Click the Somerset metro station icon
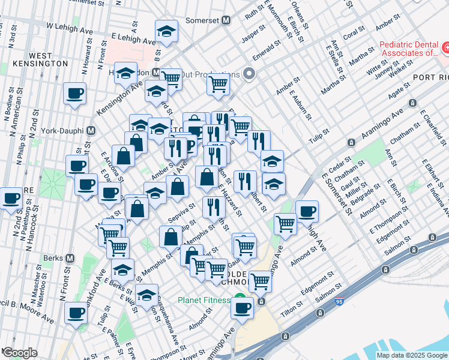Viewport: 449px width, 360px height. click(226, 20)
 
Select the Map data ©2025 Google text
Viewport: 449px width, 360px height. click(411, 355)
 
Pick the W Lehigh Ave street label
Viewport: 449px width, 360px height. click(71, 28)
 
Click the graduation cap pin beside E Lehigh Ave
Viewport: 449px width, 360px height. click(166, 32)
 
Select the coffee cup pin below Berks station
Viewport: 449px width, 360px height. click(76, 313)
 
